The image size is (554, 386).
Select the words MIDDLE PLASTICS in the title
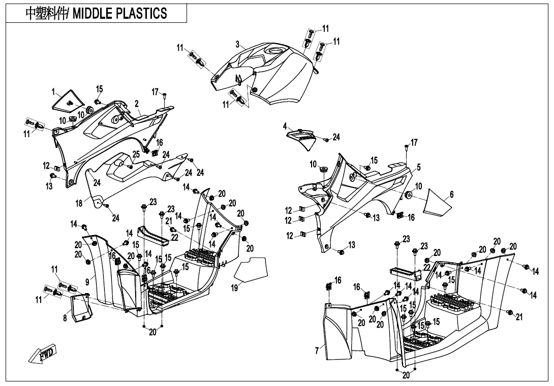tap(120, 14)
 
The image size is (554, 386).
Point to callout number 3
tap(237, 44)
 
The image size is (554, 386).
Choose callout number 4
tap(285, 125)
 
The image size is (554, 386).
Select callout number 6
tap(451, 195)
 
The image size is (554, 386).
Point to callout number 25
tap(136, 154)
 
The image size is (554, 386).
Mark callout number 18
tap(79, 203)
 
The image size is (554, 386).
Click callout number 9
tap(87, 280)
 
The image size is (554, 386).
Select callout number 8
tap(65, 318)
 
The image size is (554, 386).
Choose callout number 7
tap(317, 350)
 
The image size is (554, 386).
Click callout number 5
tap(418, 167)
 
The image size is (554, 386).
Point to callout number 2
tap(137, 104)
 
